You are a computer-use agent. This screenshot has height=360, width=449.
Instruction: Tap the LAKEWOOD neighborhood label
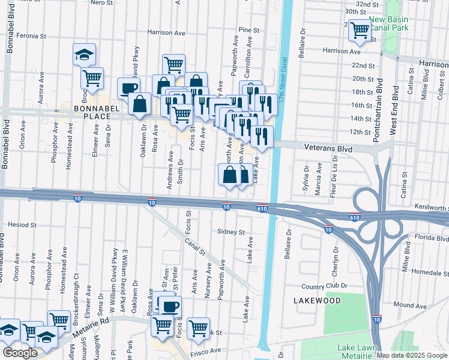pos(318,300)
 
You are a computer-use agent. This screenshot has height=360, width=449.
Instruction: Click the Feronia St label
pos(31,36)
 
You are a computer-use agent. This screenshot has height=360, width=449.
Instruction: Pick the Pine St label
pos(248,29)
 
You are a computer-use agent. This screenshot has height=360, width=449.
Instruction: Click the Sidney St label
pos(231,232)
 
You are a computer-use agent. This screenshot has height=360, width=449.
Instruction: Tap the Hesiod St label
pos(23,224)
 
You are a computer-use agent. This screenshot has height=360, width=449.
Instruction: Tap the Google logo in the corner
pos(20,353)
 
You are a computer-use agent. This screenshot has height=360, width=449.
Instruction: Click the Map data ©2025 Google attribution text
pos(411,355)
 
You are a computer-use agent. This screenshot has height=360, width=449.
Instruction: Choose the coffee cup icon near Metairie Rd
pos(168,306)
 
